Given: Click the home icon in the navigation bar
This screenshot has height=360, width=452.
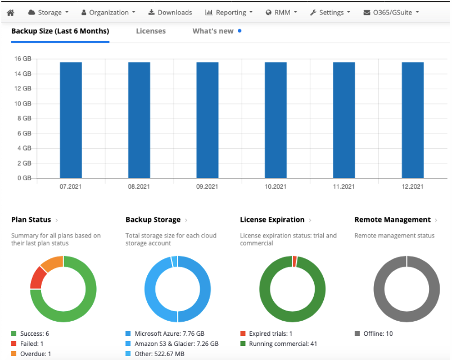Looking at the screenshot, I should pyautogui.click(x=10, y=12).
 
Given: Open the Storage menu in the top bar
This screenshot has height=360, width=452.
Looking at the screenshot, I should pyautogui.click(x=48, y=12).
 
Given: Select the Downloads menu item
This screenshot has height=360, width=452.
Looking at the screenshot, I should pyautogui.click(x=170, y=12).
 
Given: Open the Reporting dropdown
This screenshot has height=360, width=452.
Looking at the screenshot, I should pyautogui.click(x=229, y=12).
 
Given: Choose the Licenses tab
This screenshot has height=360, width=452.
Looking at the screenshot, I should pyautogui.click(x=151, y=31).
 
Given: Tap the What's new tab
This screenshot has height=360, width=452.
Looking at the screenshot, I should pyautogui.click(x=213, y=31).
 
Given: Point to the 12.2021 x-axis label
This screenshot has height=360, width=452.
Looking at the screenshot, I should pyautogui.click(x=412, y=186).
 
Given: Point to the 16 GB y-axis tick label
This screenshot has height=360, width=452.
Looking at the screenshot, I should pyautogui.click(x=22, y=58).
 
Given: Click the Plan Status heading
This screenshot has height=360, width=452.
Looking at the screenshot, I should pyautogui.click(x=31, y=220).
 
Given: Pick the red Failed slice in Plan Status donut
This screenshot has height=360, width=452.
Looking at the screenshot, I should pyautogui.click(x=38, y=277).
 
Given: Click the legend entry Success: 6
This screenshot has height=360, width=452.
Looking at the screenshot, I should pyautogui.click(x=34, y=334).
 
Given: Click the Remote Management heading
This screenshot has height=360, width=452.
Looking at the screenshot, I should pyautogui.click(x=392, y=220).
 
